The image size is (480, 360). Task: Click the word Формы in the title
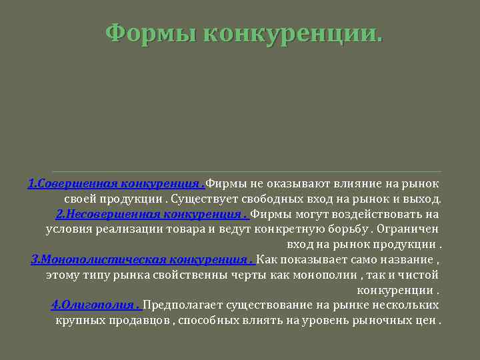click(151, 32)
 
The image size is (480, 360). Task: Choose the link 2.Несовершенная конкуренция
click(152, 214)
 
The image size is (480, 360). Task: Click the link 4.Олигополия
click(96, 305)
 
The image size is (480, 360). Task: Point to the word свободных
click(271, 199)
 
